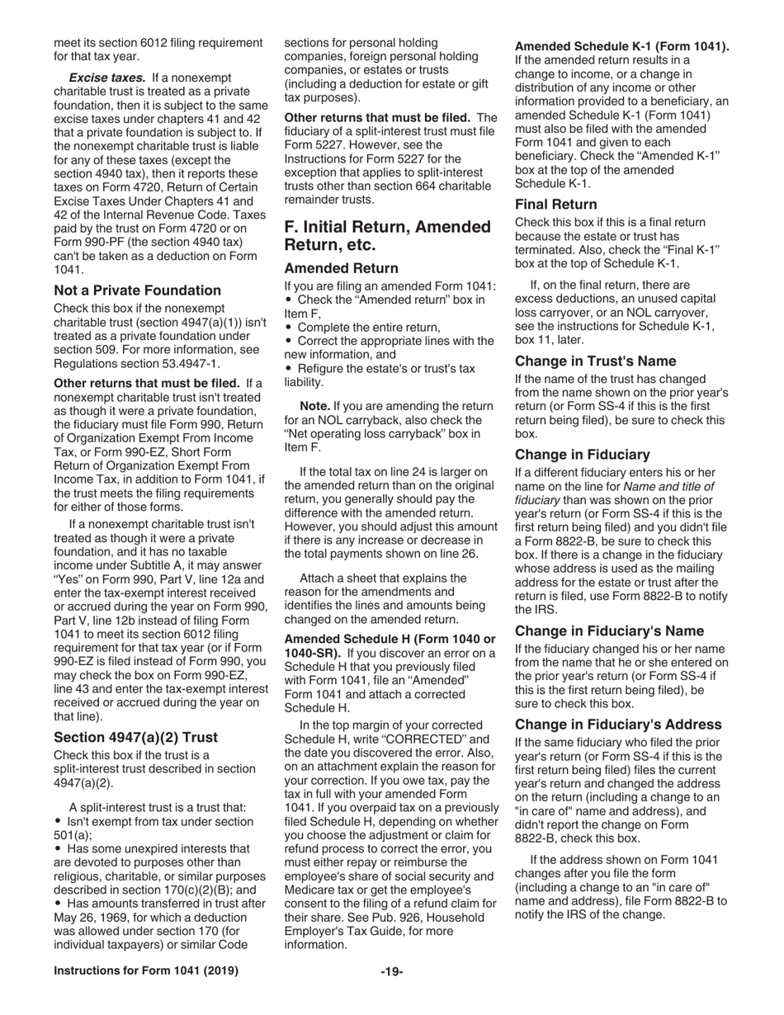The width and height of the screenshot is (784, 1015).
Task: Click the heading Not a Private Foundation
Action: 137,290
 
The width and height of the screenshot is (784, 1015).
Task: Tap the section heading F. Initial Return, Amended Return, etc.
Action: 387,235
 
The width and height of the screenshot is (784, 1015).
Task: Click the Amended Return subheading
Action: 341,268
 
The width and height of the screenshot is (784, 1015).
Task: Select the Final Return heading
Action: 555,204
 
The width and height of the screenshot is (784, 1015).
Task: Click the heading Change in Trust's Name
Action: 595,361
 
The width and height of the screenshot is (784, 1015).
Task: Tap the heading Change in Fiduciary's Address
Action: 618,724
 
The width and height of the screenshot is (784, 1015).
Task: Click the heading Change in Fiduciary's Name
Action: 609,631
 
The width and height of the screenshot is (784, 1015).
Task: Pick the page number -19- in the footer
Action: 391,971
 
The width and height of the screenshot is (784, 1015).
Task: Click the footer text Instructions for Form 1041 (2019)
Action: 146,970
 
